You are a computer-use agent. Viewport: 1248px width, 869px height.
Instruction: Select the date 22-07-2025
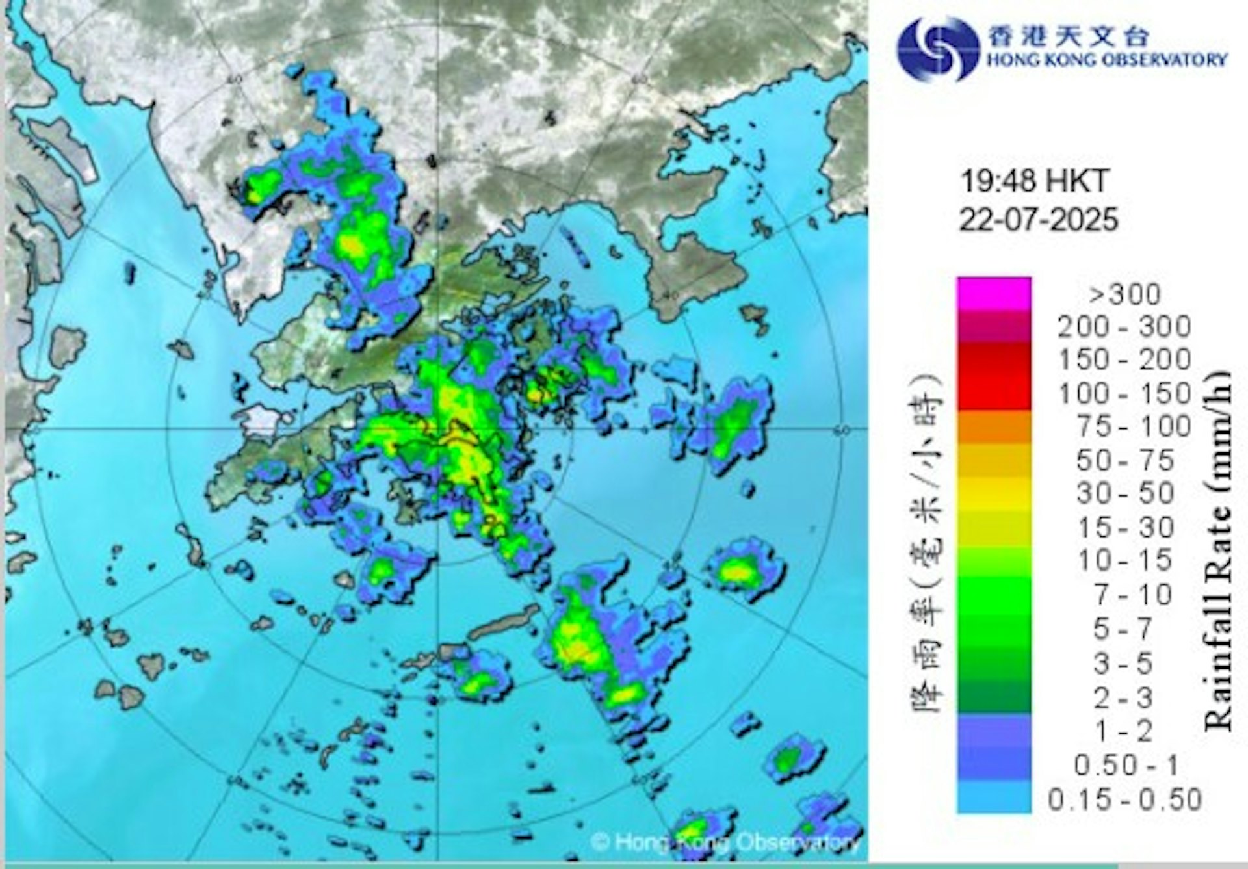[1039, 219]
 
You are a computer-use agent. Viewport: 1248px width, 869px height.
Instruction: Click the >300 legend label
[1125, 294]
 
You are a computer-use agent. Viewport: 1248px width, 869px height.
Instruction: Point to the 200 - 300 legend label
[1124, 326]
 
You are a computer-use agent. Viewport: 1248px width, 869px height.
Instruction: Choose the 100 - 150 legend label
[1124, 393]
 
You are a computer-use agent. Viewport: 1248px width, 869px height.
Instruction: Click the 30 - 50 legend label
[1125, 493]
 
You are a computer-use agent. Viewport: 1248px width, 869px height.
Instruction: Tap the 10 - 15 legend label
[1125, 560]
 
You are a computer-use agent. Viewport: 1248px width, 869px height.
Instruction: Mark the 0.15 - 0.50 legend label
[1124, 799]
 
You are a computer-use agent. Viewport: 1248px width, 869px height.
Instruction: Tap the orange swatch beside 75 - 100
[994, 427]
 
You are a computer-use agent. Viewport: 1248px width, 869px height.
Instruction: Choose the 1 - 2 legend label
[1124, 731]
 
